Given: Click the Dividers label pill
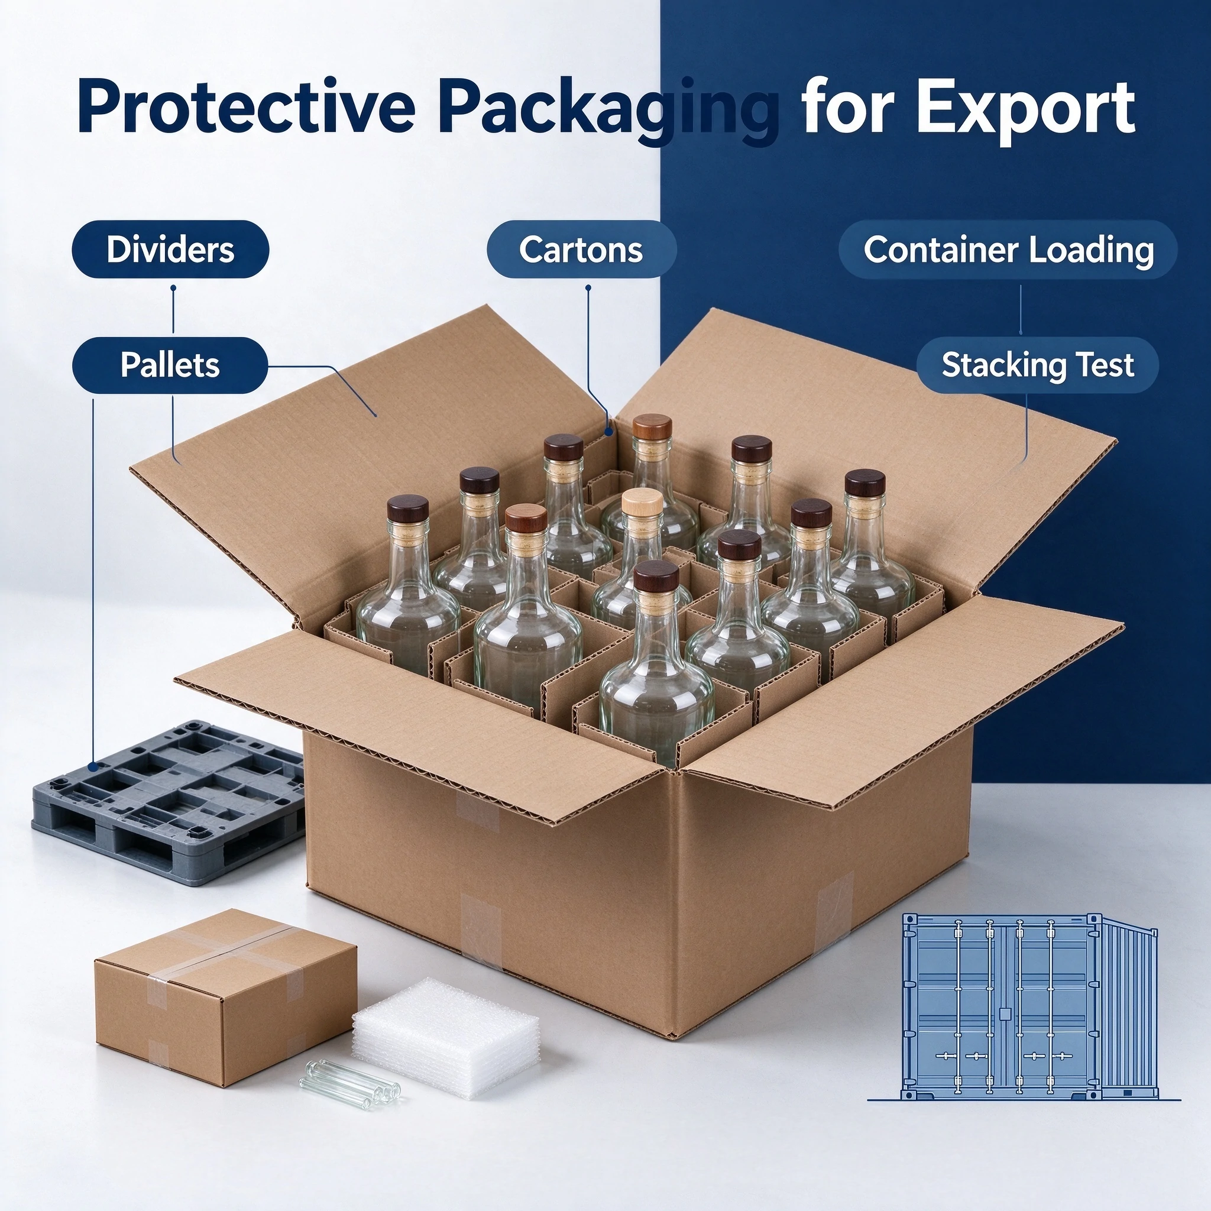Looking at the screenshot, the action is click(x=170, y=250).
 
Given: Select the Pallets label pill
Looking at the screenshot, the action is click(x=170, y=365).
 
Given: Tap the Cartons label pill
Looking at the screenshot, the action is click(x=581, y=250).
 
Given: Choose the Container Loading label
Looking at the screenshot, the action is click(x=1009, y=250).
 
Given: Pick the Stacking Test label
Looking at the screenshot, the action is click(x=1038, y=365).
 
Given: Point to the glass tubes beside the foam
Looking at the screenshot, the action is click(x=349, y=1077).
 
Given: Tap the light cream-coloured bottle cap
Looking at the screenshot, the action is click(x=642, y=503).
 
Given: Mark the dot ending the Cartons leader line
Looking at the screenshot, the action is click(x=607, y=432).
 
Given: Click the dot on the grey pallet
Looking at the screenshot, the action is click(x=93, y=766).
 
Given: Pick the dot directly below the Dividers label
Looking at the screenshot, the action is click(x=173, y=289).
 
